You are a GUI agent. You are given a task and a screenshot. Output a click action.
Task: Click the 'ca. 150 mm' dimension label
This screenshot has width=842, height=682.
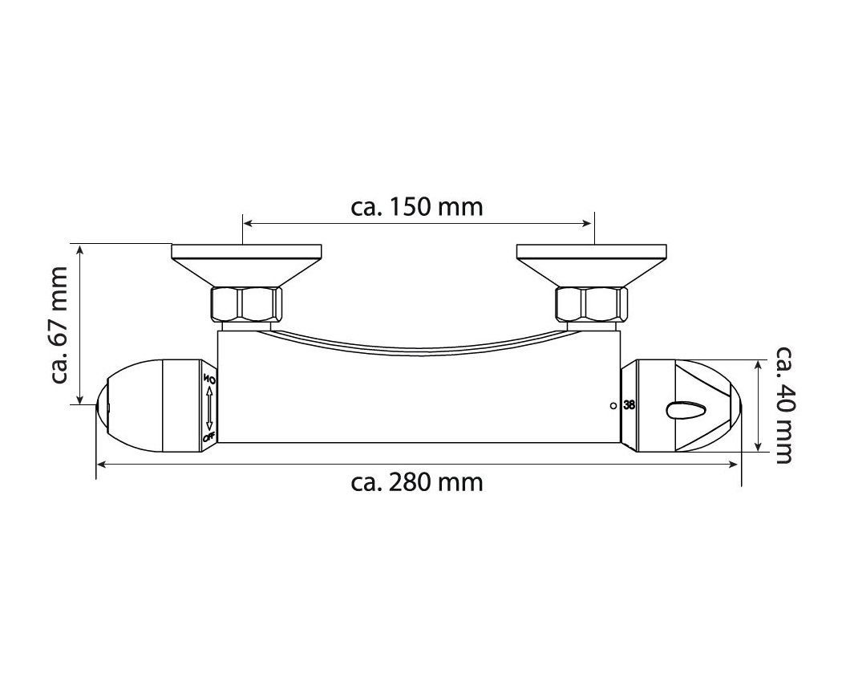[417, 206]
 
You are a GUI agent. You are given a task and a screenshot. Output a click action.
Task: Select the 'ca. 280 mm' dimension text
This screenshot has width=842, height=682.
[417, 482]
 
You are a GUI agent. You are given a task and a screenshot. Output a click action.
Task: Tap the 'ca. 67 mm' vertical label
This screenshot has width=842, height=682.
[59, 325]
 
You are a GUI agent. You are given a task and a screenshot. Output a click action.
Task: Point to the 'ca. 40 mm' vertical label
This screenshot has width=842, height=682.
[784, 404]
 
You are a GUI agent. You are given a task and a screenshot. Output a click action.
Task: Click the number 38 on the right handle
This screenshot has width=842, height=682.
[629, 406]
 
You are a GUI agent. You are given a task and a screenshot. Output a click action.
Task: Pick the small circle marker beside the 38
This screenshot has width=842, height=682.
[613, 406]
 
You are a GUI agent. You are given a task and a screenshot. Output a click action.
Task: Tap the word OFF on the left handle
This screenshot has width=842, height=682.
[208, 437]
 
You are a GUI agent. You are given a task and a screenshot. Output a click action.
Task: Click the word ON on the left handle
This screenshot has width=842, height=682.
[208, 380]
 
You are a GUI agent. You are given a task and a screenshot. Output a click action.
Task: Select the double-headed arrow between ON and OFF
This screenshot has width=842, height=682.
[208, 408]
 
